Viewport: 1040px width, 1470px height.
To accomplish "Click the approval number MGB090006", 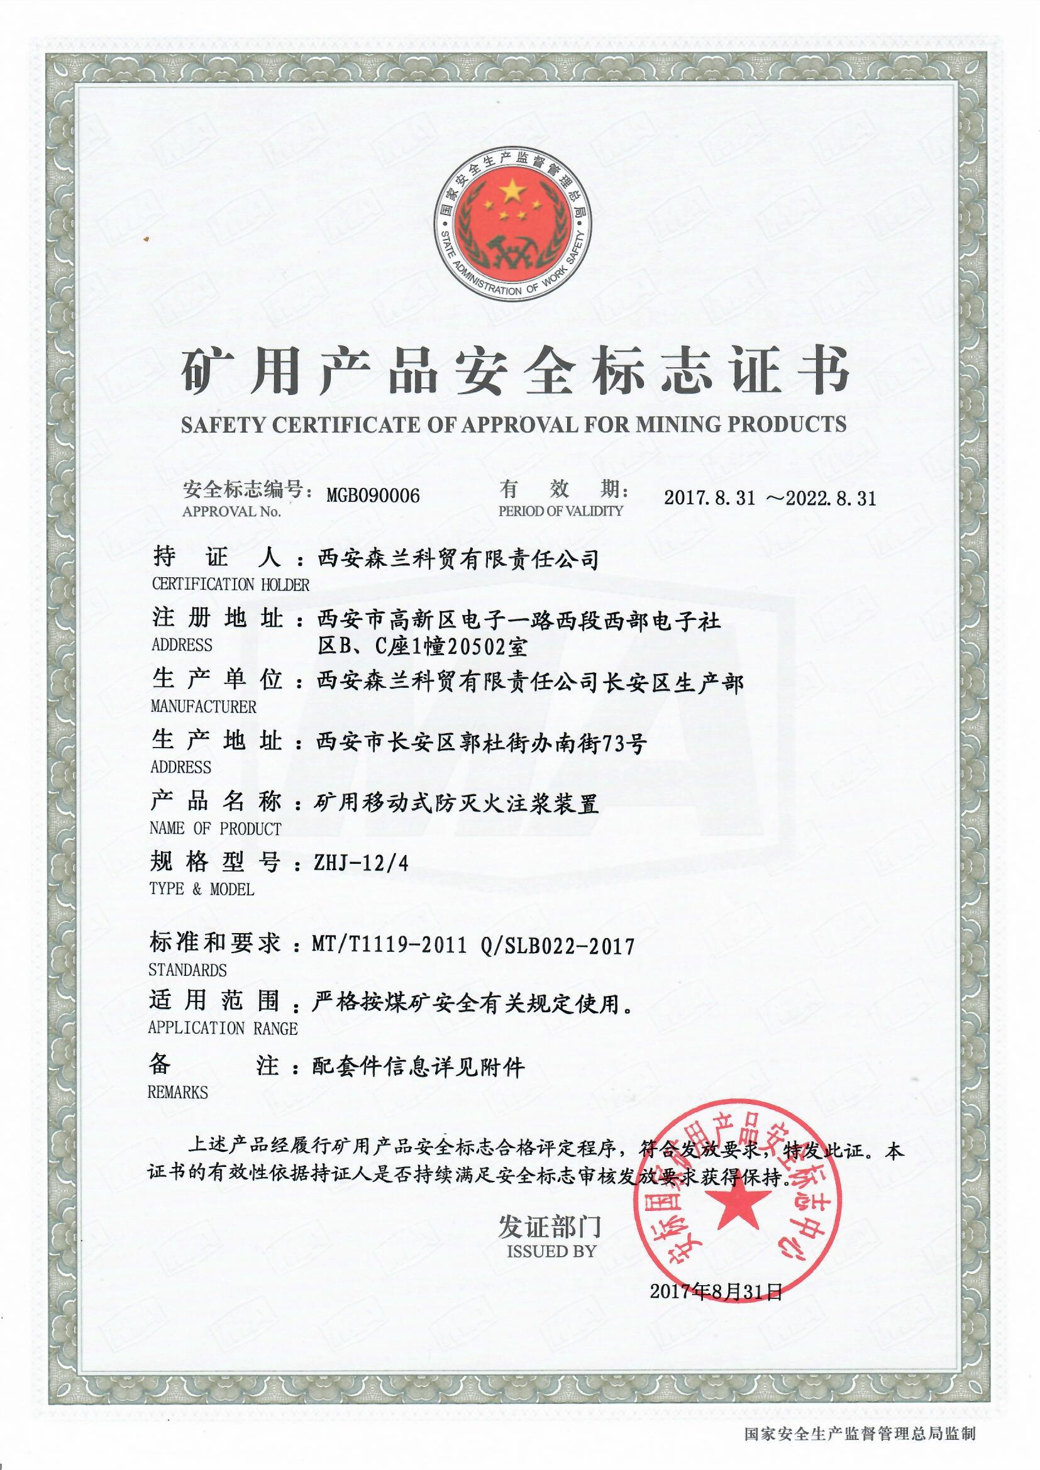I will pos(373,495).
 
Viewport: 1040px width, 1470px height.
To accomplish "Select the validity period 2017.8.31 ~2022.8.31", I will pos(769,498).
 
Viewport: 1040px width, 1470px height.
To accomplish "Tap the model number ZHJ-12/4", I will pos(360,864).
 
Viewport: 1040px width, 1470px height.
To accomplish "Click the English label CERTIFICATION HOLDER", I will pos(230,585).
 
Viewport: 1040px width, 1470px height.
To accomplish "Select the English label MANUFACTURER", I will pos(203,707).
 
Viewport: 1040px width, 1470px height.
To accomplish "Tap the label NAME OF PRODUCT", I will pos(215,829).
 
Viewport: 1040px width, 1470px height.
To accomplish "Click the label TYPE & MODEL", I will pos(202,889).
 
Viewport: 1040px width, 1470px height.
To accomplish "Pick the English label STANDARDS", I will pos(187,970).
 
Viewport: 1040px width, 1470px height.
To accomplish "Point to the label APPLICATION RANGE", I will pos(223,1028).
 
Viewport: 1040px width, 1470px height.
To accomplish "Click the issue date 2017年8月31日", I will pos(716,1291).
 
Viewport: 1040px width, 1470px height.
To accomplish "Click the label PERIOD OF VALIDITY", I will pos(560,511).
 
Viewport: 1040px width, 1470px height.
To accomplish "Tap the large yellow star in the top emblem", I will pos(512,189).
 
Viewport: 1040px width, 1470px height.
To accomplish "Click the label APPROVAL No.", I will pos(231,512).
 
